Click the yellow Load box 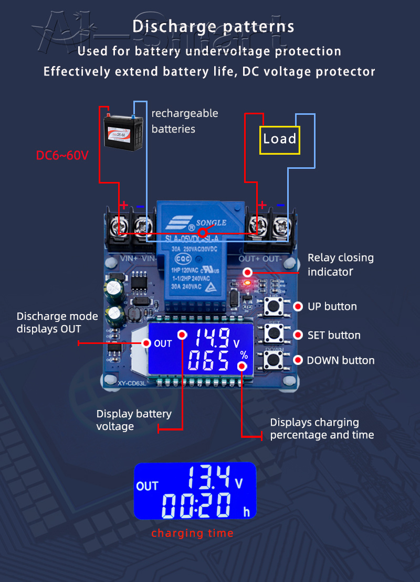coord(279,139)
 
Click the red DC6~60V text coord(62,155)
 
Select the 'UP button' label coord(332,306)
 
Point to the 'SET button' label coord(334,335)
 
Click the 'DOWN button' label coord(341,360)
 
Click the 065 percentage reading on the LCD coord(208,362)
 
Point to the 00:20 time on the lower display coord(196,506)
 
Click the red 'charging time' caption coord(192,533)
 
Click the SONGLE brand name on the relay coord(211,222)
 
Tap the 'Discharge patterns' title coord(213,26)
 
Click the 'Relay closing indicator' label coord(340,264)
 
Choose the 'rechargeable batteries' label coord(184,121)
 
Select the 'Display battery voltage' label coord(134,420)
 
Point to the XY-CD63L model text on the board coord(131,383)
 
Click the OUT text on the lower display coord(147,486)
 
